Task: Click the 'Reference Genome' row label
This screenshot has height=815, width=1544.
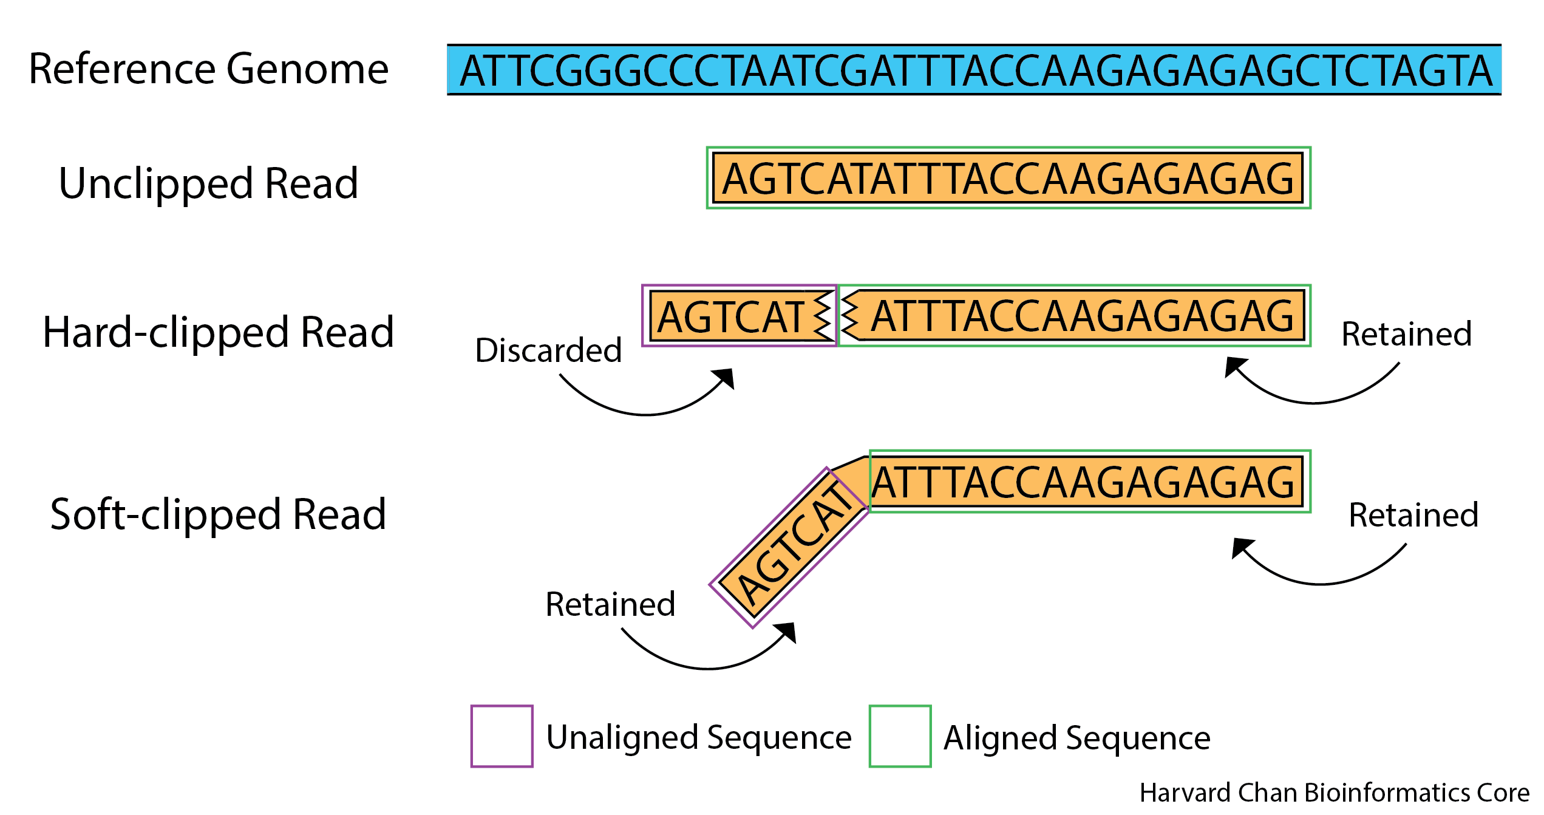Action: pos(208,69)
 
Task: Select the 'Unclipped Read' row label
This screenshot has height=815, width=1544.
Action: pos(208,183)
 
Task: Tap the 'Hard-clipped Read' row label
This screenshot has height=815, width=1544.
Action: pos(218,333)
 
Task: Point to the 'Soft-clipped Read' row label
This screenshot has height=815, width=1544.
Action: pos(218,514)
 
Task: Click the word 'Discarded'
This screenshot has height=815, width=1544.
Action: pos(548,350)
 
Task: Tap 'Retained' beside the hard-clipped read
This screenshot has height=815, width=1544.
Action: pos(1407,334)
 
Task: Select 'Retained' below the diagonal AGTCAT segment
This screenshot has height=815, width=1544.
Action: pos(610,604)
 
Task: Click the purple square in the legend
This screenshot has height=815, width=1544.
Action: pos(502,736)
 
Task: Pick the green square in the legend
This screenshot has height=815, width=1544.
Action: pos(900,736)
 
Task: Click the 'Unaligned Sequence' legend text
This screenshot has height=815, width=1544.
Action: pos(699,738)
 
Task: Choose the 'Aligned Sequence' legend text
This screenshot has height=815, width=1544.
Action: pos(1077,738)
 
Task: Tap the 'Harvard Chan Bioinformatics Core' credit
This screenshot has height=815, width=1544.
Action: pos(1335,793)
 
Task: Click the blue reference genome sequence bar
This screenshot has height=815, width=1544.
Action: pos(974,69)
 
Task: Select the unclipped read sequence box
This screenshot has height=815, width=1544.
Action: pos(1008,178)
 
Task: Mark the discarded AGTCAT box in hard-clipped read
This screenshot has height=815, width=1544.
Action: pos(740,316)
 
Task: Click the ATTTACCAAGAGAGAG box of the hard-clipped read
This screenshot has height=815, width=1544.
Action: pos(1075,316)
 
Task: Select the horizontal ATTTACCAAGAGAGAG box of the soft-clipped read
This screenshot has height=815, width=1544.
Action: pos(1090,482)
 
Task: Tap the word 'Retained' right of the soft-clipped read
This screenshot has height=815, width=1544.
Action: pos(1413,515)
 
